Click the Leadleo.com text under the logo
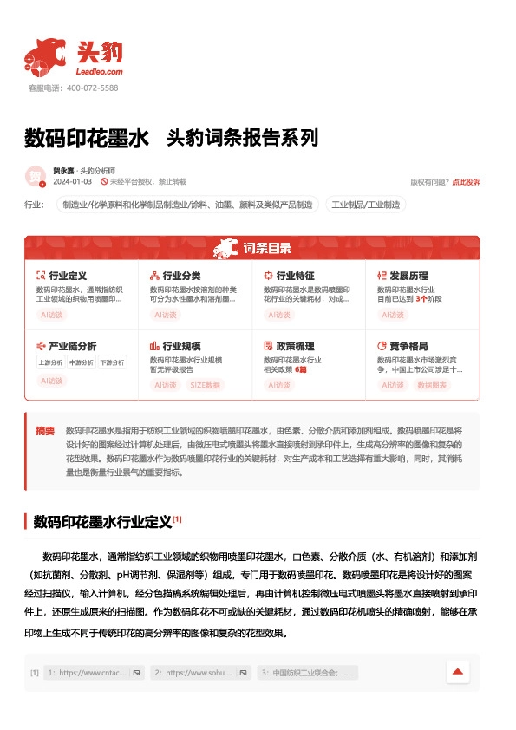[x=100, y=72]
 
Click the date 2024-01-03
[x=72, y=182]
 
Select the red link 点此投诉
[x=466, y=182]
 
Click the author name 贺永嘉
[x=63, y=171]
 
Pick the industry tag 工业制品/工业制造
[x=365, y=205]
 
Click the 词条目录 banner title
[x=266, y=250]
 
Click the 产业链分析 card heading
[x=72, y=346]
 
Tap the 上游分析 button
[x=51, y=362]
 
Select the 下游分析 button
[x=112, y=362]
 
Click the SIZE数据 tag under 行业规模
[x=205, y=385]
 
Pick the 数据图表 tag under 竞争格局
[x=433, y=385]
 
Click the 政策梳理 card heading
[x=295, y=346]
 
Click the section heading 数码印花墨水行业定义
[x=102, y=522]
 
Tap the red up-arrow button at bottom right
[x=458, y=672]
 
